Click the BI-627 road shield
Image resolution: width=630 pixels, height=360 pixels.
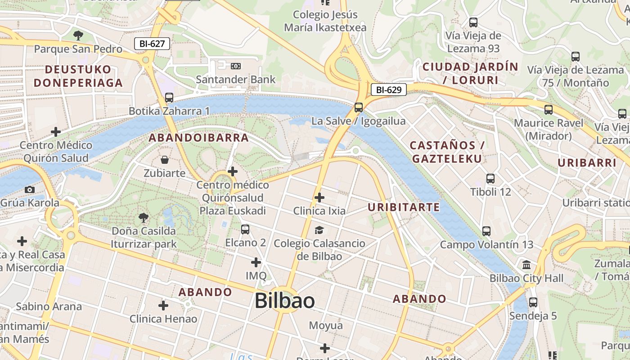pyautogui.click(x=152, y=44)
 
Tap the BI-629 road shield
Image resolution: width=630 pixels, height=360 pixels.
pyautogui.click(x=388, y=90)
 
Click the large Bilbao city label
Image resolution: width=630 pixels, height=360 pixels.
pyautogui.click(x=284, y=301)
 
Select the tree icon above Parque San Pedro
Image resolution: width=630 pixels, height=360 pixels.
pyautogui.click(x=78, y=36)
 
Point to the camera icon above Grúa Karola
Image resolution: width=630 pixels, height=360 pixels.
pyautogui.click(x=30, y=189)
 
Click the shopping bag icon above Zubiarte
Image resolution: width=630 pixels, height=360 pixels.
pyautogui.click(x=165, y=160)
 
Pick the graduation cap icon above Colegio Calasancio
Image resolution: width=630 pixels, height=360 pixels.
pyautogui.click(x=319, y=230)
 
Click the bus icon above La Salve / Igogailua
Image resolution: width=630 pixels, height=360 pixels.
pyautogui.click(x=358, y=108)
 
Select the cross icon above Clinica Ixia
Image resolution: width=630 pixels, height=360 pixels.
pyautogui.click(x=319, y=197)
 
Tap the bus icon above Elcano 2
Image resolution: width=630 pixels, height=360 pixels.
pyautogui.click(x=245, y=229)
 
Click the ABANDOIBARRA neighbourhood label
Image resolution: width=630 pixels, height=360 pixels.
pyautogui.click(x=199, y=138)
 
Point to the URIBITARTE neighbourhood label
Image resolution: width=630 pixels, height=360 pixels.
pyautogui.click(x=403, y=207)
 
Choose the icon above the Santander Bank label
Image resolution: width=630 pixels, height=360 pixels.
pyautogui.click(x=235, y=66)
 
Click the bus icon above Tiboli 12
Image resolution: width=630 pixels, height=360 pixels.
pyautogui.click(x=490, y=179)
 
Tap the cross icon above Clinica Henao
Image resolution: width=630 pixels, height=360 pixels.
pyautogui.click(x=163, y=306)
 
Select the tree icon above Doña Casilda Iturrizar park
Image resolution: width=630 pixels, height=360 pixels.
pyautogui.click(x=144, y=218)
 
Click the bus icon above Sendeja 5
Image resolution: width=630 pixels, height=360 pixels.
pyautogui.click(x=533, y=302)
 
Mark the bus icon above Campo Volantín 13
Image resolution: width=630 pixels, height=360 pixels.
pyautogui.click(x=486, y=231)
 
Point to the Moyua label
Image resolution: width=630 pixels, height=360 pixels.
pyautogui.click(x=326, y=325)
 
